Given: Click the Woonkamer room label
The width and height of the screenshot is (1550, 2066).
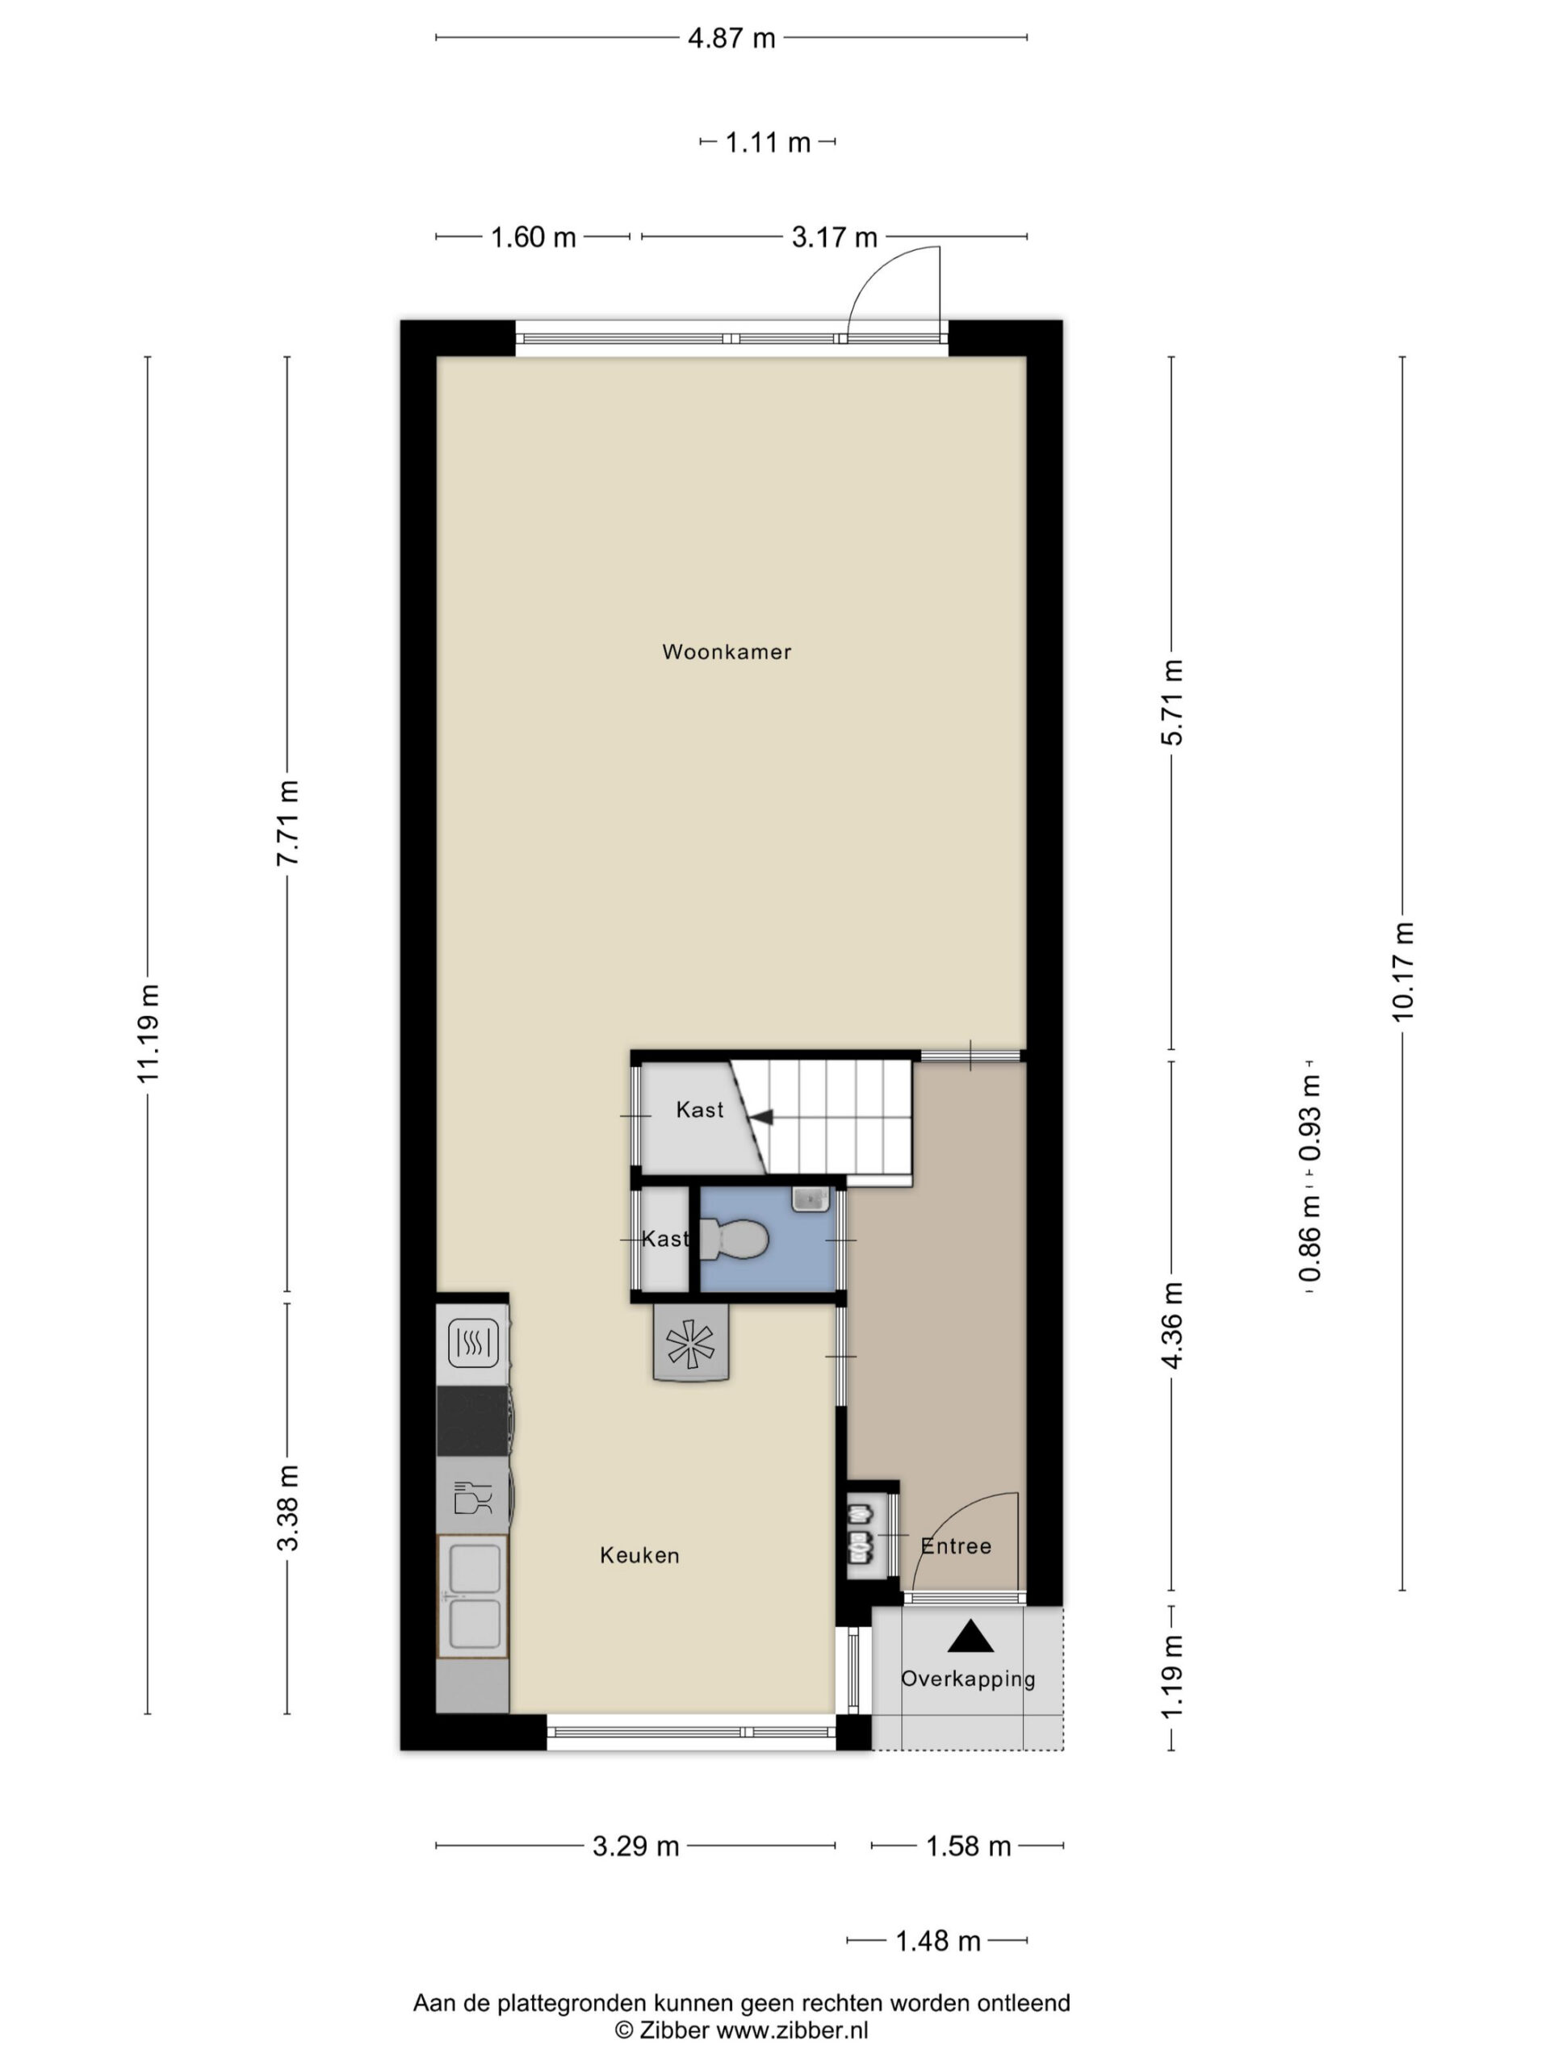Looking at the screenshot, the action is [x=726, y=652].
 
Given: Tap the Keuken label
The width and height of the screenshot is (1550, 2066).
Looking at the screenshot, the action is [x=639, y=1555].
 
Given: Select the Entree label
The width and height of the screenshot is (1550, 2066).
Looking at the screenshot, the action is [x=956, y=1545].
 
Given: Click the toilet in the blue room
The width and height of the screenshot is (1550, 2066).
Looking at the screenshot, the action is [x=735, y=1240].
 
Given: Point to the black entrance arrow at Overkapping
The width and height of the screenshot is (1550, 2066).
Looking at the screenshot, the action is [x=970, y=1637].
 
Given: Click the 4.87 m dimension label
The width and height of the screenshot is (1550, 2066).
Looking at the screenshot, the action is [x=731, y=38].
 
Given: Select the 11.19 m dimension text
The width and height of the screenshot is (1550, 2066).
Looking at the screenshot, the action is [x=149, y=1033].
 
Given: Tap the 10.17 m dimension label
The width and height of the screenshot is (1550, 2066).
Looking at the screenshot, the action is [x=1402, y=972].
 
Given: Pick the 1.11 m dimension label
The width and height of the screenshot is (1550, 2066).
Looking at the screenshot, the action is [x=768, y=143].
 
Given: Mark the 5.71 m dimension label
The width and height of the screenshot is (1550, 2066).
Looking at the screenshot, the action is [x=1171, y=702].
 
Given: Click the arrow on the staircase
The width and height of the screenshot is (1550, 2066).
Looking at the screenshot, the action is [x=760, y=1117].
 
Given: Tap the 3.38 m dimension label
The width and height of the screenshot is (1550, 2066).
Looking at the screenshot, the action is [x=287, y=1508].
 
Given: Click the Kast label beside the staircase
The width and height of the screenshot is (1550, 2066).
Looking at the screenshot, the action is [x=700, y=1110].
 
